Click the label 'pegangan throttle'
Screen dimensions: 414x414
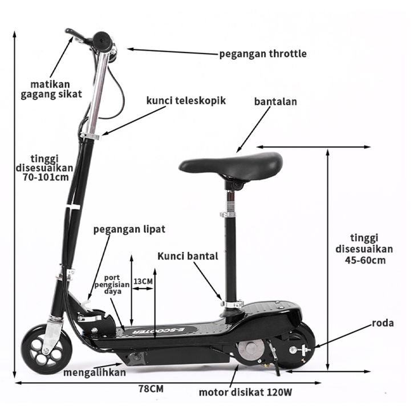coord(263,54)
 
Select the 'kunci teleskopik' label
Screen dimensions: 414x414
coord(186,100)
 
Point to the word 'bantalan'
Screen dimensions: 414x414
coord(275,102)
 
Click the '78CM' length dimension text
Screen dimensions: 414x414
coord(151,388)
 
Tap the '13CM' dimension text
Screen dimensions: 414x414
coord(143,281)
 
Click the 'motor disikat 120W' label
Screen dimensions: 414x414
coord(246,392)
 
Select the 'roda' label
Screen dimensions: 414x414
coord(383,323)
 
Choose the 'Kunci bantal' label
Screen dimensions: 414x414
coord(188,256)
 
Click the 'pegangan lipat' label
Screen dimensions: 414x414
coord(129,229)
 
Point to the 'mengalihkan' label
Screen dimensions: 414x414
coord(95,372)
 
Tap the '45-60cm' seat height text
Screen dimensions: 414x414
coord(365,261)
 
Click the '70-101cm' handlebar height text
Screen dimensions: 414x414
coord(46,177)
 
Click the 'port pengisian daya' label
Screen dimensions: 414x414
coord(112,285)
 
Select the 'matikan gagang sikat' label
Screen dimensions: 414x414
coord(51,90)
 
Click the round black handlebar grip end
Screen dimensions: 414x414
coord(102,42)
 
